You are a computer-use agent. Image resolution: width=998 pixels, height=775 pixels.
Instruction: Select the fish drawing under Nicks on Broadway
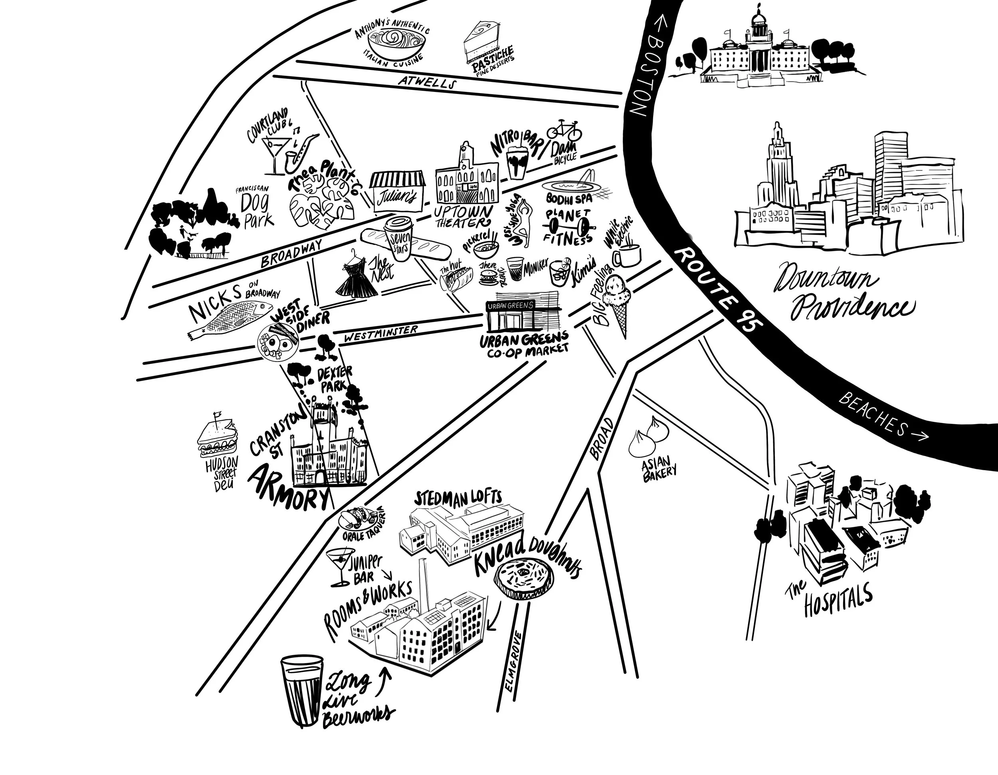(231, 320)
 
